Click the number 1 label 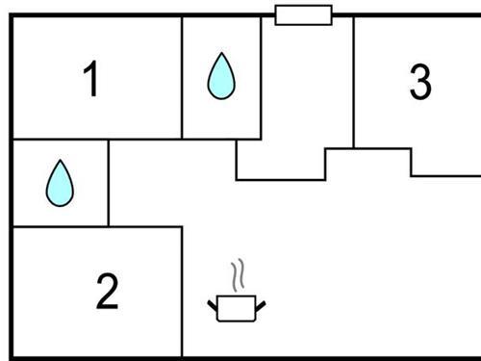click(91, 81)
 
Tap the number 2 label click(107, 292)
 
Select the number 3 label click(419, 83)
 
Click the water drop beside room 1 click(221, 77)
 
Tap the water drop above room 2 click(60, 183)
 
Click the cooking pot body click(235, 308)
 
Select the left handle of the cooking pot click(213, 305)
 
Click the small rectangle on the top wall click(303, 14)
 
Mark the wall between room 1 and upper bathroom click(183, 77)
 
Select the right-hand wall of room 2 click(182, 289)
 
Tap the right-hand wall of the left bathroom click(109, 183)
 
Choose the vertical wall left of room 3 click(354, 82)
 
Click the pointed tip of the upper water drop click(222, 54)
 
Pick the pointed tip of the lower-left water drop click(60, 161)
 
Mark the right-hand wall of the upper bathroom click(261, 77)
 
